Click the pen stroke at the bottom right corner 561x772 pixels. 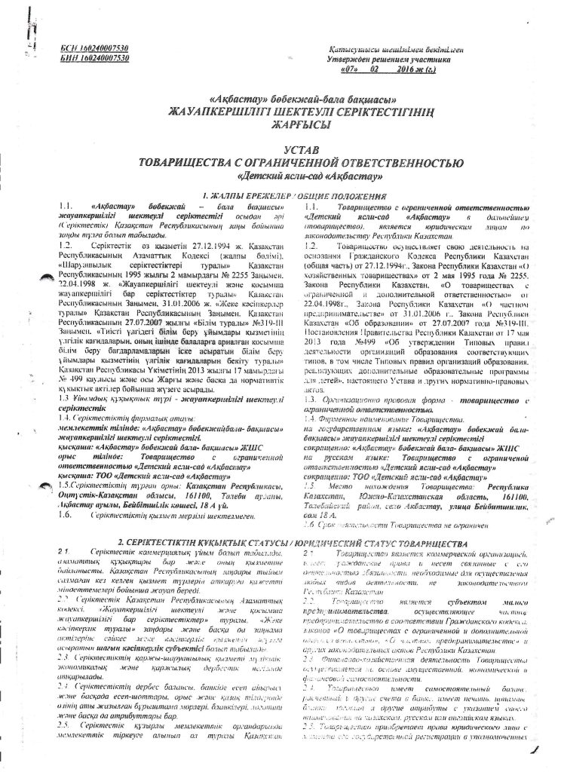coord(535,746)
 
